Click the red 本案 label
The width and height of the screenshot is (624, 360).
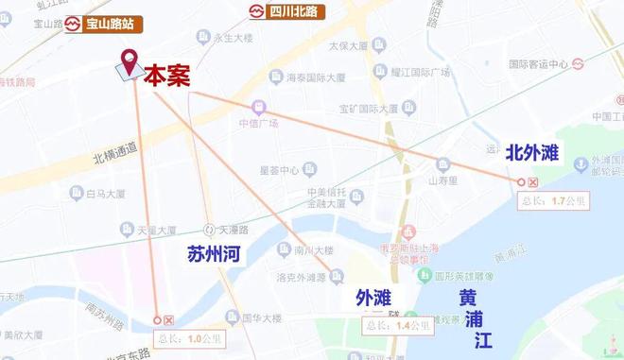point(166,76)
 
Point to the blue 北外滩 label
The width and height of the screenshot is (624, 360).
point(534,152)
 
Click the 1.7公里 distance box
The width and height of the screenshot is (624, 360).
point(556,200)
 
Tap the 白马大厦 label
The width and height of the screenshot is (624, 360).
point(104,193)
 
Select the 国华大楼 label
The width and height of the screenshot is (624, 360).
point(257,317)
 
